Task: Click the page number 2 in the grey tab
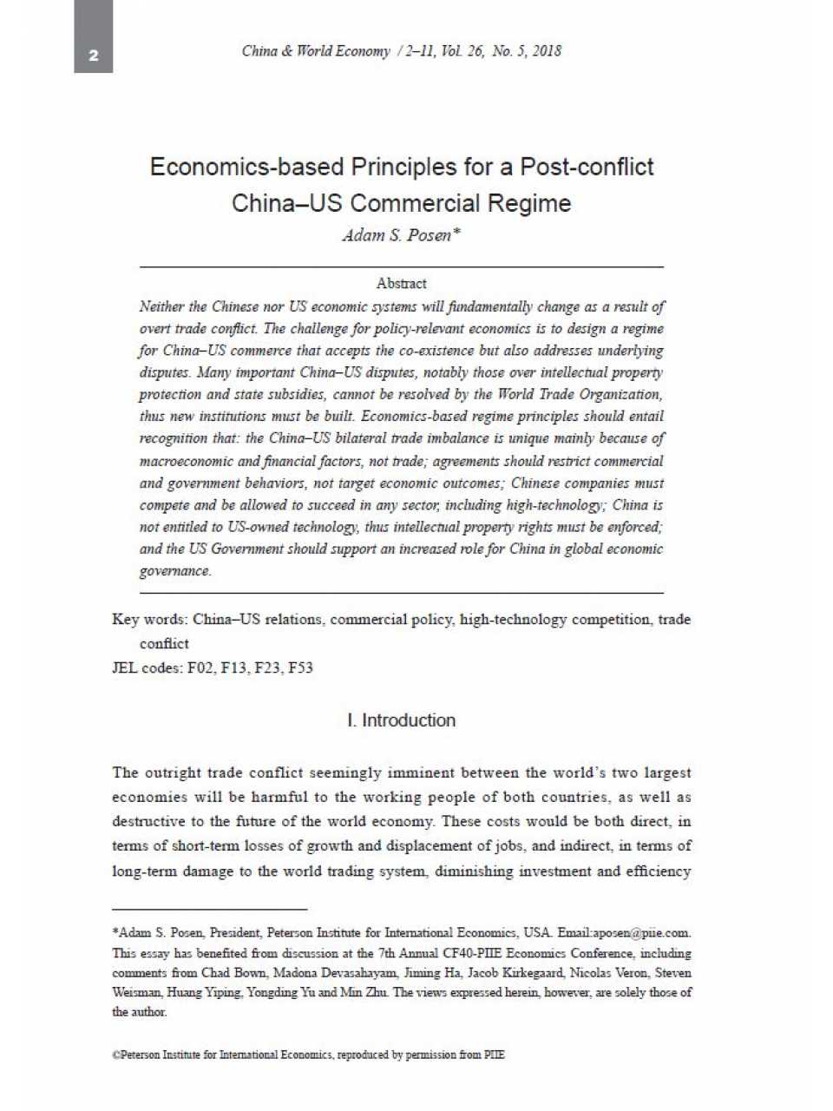tap(94, 56)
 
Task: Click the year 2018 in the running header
tap(547, 50)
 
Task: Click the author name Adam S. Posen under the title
tap(397, 235)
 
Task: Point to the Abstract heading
tap(401, 283)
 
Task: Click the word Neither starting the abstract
tap(161, 306)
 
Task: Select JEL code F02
tap(200, 667)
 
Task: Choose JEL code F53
tap(300, 667)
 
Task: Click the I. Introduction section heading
tap(401, 720)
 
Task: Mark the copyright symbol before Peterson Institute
tap(115, 1055)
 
